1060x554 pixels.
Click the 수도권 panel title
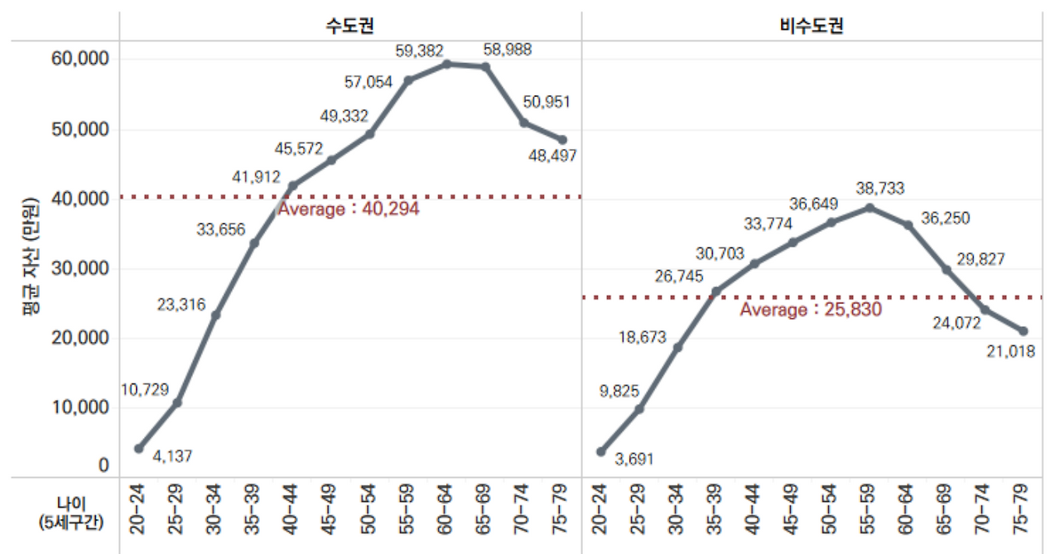[349, 26]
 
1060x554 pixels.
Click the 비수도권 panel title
[812, 26]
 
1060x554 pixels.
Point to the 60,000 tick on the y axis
[80, 60]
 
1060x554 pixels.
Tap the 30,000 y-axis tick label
[80, 268]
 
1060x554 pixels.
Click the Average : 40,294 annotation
[349, 210]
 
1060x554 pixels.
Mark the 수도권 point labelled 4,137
[138, 448]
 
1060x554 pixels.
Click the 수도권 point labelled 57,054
[408, 80]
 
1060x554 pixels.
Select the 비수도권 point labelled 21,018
[1024, 331]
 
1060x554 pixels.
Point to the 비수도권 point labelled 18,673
[677, 347]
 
